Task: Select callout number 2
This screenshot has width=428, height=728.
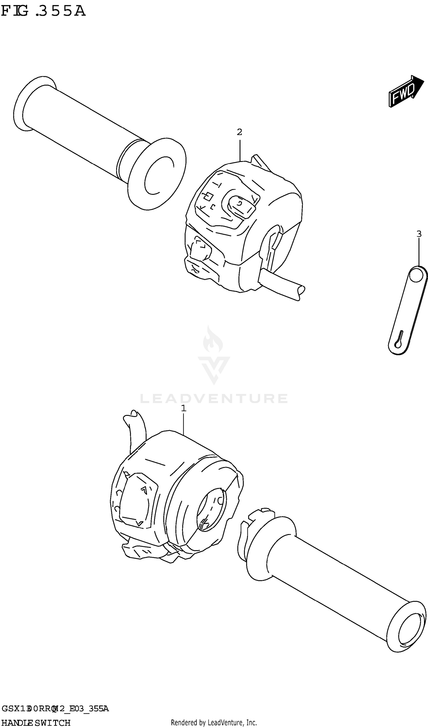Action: (239, 132)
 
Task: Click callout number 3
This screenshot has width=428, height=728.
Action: (419, 234)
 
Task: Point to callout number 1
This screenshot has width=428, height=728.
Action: (183, 408)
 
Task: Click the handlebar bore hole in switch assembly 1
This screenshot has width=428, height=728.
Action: (211, 510)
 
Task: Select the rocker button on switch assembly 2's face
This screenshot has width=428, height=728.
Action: (241, 206)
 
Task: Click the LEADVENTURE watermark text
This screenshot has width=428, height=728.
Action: (214, 399)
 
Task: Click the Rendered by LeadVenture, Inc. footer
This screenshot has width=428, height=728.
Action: (214, 723)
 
